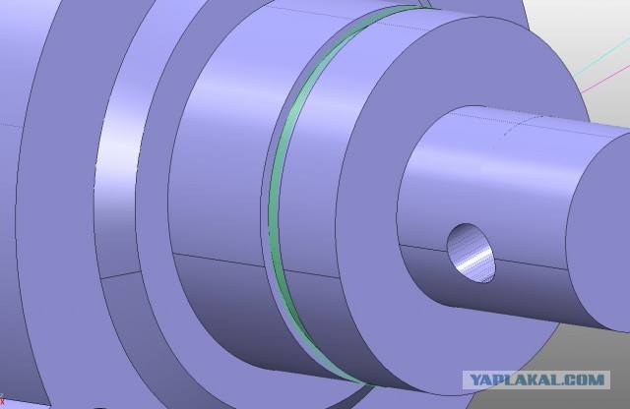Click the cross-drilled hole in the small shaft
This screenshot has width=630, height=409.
pos(471,254)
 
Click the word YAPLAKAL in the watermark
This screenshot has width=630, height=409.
pos(518,380)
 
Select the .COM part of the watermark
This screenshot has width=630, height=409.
pos(586,380)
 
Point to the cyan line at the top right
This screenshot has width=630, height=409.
pos(601,56)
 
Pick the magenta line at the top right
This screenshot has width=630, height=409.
pos(605,80)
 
